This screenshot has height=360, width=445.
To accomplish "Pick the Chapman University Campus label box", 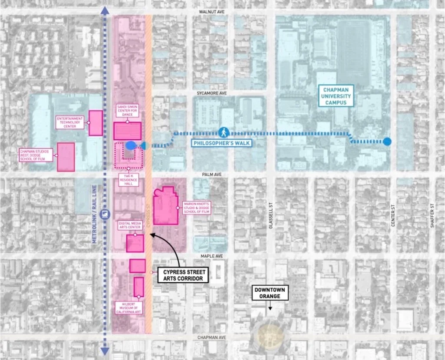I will click(x=335, y=96).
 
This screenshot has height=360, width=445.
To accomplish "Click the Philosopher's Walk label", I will click(x=223, y=142).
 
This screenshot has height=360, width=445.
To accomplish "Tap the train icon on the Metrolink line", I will click(x=104, y=214).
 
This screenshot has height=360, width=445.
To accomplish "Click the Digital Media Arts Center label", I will click(x=130, y=225).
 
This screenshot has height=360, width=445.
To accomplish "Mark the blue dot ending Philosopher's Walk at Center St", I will click(x=387, y=141).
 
